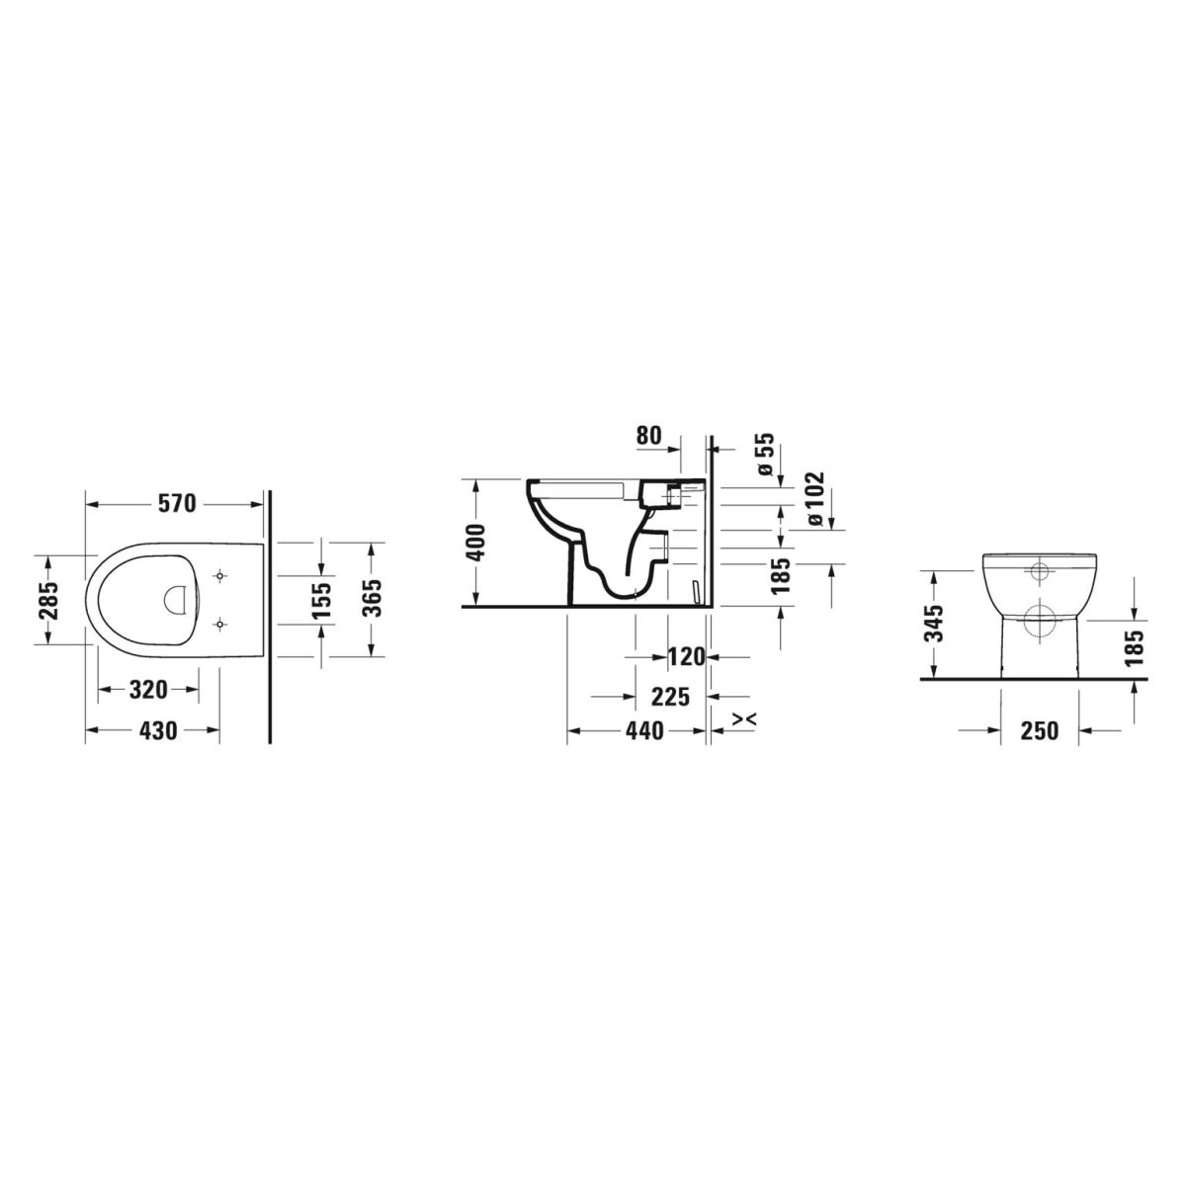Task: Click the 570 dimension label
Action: point(177,503)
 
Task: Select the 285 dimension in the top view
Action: point(49,601)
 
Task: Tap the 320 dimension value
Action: point(148,690)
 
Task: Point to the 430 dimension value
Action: point(158,730)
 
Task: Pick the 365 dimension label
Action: point(373,598)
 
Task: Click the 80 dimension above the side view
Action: point(648,435)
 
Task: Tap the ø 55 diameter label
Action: point(766,453)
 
